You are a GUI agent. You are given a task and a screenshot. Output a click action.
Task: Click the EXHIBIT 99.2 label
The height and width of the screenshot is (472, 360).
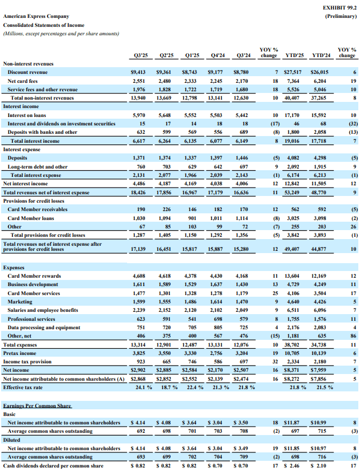pos(339,8)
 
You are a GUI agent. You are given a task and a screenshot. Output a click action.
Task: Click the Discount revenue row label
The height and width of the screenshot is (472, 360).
pos(27,72)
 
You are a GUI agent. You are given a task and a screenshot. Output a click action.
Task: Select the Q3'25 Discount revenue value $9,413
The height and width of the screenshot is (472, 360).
pos(137,72)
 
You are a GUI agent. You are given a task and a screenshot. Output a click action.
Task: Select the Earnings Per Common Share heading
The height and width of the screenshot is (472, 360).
pos(37,405)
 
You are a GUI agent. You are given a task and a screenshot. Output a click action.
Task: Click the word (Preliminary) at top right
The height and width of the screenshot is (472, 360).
pos(340,17)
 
